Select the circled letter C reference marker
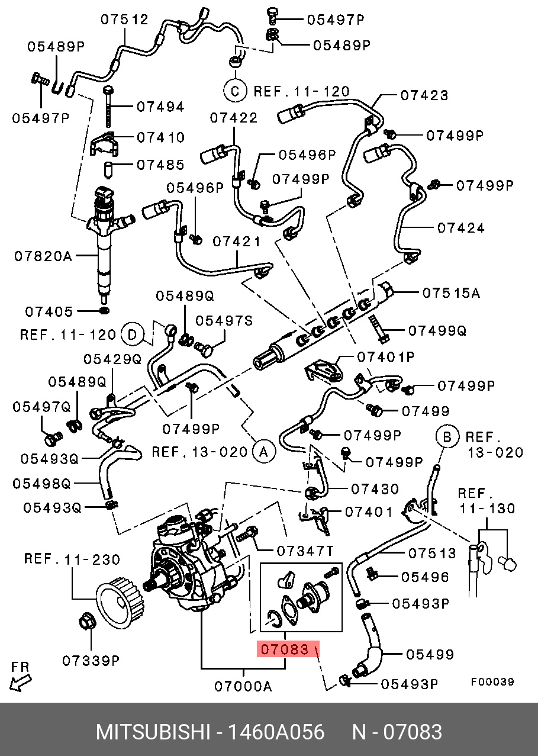click(x=234, y=91)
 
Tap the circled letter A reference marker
click(x=264, y=452)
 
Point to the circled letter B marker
click(x=447, y=437)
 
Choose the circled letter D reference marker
click(x=133, y=335)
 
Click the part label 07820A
click(x=43, y=256)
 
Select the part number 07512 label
click(x=124, y=19)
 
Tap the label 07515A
click(x=450, y=292)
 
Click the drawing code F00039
click(x=492, y=681)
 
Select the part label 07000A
click(x=243, y=687)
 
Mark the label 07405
click(x=49, y=311)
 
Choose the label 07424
click(x=461, y=227)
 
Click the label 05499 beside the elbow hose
click(x=430, y=654)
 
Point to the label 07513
click(x=432, y=554)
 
